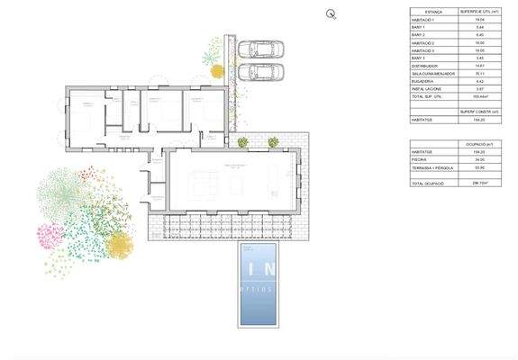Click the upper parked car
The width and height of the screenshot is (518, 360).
(262, 49)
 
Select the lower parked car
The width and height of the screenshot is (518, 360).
(262, 71)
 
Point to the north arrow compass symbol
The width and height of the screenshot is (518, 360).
(332, 13)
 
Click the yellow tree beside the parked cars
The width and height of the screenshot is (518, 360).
(216, 71)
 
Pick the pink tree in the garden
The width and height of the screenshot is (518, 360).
(51, 236)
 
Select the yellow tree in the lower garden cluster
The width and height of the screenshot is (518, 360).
(119, 245)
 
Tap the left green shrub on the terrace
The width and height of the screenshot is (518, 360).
(243, 141)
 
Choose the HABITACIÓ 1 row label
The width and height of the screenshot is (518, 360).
(423, 19)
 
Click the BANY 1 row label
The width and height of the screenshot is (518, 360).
(418, 27)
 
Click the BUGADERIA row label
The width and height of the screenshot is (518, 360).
(423, 82)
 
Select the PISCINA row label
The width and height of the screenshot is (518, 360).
(419, 160)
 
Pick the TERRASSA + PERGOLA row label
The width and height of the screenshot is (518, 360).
(430, 168)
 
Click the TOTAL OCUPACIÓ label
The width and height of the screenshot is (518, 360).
(427, 183)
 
